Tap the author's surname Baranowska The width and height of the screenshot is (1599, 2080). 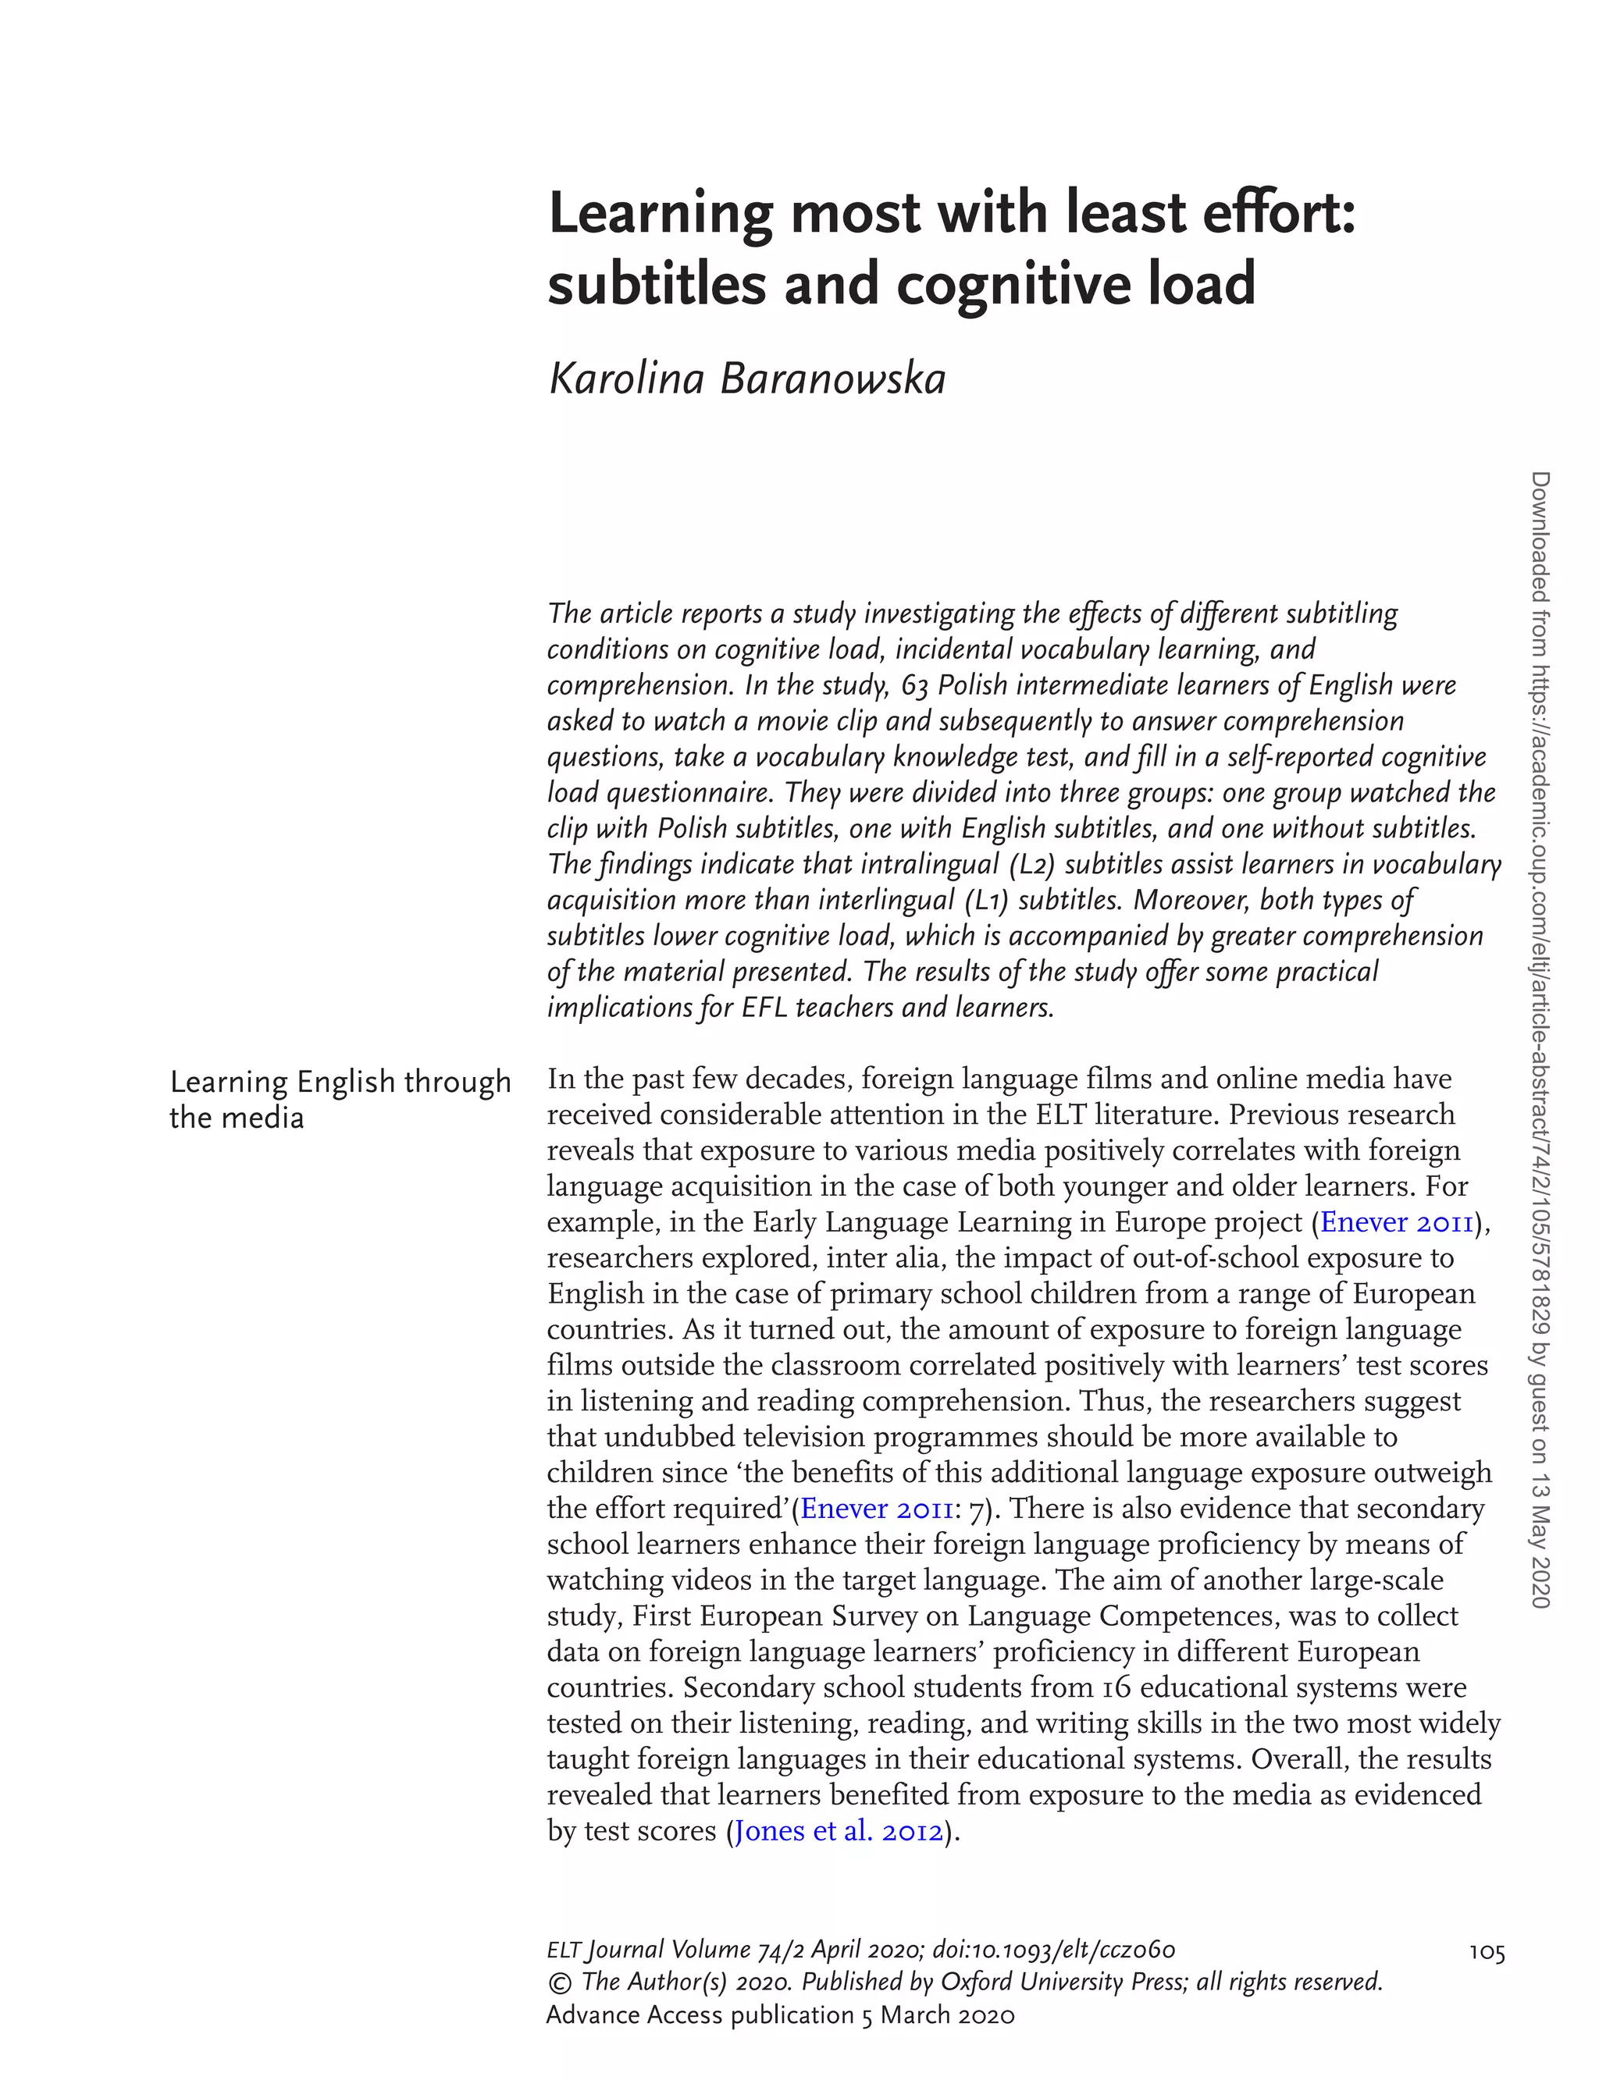[833, 379]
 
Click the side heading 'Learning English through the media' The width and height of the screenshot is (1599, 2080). [340, 1100]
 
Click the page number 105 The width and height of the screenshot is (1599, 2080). [1487, 1954]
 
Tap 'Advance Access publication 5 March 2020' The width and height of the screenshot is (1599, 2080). [781, 2015]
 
